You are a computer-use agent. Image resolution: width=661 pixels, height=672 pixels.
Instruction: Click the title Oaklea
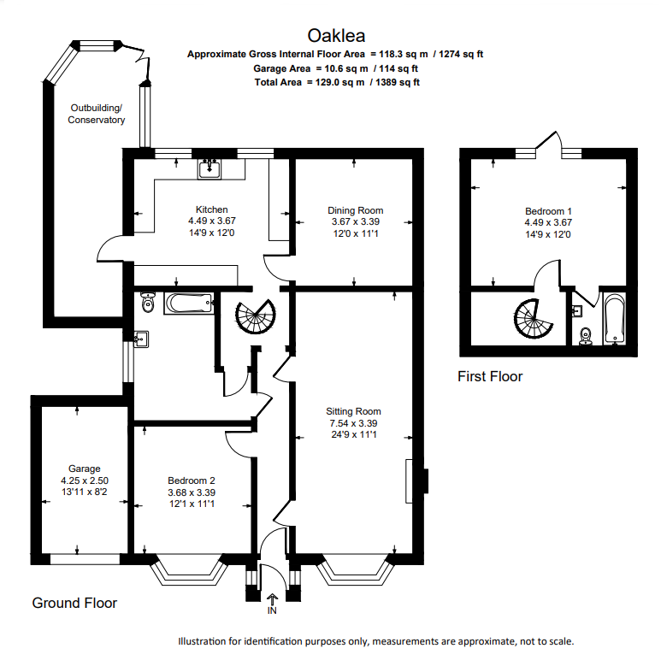(336, 36)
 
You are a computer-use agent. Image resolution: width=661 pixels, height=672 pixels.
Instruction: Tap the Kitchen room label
(212, 209)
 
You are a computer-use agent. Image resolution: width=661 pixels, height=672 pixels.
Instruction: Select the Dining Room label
(356, 210)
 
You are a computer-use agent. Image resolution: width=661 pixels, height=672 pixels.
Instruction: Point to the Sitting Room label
(353, 411)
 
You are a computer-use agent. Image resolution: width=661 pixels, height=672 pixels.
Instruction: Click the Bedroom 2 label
(192, 480)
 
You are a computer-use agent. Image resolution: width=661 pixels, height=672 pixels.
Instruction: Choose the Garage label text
(85, 469)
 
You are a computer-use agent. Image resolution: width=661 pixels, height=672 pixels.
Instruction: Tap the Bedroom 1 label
(548, 211)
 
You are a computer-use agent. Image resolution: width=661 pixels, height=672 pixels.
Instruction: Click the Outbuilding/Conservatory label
(97, 114)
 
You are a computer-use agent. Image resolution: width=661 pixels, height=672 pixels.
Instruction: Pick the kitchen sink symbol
(210, 168)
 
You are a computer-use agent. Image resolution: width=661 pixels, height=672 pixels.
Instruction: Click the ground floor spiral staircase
(256, 316)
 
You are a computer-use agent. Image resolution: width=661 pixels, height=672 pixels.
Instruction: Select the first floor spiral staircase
(533, 319)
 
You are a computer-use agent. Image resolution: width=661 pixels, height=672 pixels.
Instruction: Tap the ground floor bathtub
(189, 303)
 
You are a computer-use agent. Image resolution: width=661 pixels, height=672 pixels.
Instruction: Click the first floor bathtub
(615, 318)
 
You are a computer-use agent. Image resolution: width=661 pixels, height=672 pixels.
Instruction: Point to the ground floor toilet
(148, 302)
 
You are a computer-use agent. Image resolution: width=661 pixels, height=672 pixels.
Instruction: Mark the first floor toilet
(586, 337)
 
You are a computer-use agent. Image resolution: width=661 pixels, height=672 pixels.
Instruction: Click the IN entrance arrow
(272, 599)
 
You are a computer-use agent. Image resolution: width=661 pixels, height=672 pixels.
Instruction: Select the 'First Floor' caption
(490, 376)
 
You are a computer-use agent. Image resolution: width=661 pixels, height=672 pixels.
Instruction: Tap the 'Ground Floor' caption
(74, 603)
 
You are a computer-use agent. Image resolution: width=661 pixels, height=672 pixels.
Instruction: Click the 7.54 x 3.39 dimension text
(353, 423)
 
